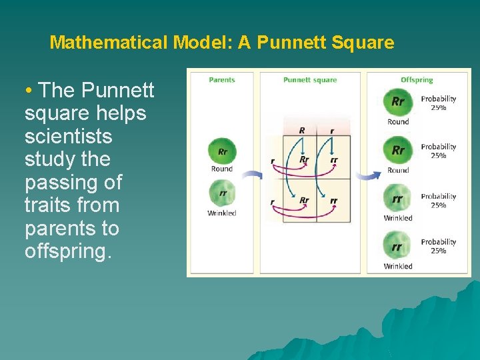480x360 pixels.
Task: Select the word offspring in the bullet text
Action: (x=67, y=251)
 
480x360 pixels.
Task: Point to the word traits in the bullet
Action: (x=47, y=205)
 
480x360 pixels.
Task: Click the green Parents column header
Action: (x=222, y=80)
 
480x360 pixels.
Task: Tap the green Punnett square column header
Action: (x=310, y=80)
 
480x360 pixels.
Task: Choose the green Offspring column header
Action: (x=417, y=80)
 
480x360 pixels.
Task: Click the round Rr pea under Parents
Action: (x=222, y=151)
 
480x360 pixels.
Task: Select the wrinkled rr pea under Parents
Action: (x=222, y=195)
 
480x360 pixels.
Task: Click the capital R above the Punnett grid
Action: (x=302, y=131)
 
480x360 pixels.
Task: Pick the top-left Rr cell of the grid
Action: (x=304, y=159)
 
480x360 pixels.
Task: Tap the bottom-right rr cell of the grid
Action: (x=333, y=201)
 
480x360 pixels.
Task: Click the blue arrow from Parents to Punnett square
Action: (x=252, y=176)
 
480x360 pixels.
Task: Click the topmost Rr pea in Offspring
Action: (x=398, y=103)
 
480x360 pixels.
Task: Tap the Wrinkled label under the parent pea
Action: (x=222, y=213)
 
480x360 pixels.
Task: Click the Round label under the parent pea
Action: (x=222, y=169)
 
